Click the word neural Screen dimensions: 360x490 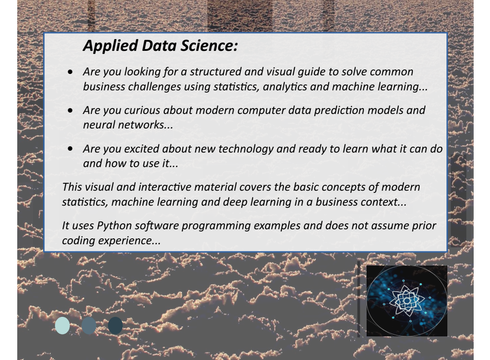(x=96, y=126)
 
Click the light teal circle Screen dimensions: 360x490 (x=63, y=325)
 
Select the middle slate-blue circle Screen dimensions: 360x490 (x=89, y=325)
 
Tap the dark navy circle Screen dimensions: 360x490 (x=115, y=325)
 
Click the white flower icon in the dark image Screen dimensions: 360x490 (x=407, y=300)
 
